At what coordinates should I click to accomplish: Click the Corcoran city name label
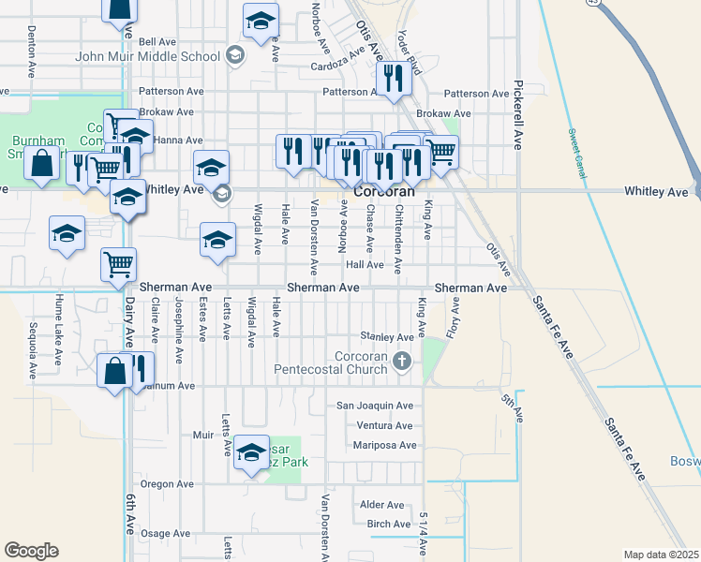[x=385, y=190]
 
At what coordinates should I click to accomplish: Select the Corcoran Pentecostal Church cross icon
[x=402, y=360]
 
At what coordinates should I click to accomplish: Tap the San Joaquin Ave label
[x=375, y=406]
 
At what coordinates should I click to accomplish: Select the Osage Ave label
[x=165, y=533]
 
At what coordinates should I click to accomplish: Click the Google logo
[x=31, y=551]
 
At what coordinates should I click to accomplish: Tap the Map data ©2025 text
[x=661, y=555]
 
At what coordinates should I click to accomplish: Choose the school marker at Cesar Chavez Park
[x=251, y=453]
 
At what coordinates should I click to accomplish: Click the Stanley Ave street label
[x=387, y=337]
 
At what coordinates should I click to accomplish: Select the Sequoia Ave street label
[x=32, y=348]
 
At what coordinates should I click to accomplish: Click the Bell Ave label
[x=157, y=42]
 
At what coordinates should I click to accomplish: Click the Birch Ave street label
[x=388, y=524]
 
